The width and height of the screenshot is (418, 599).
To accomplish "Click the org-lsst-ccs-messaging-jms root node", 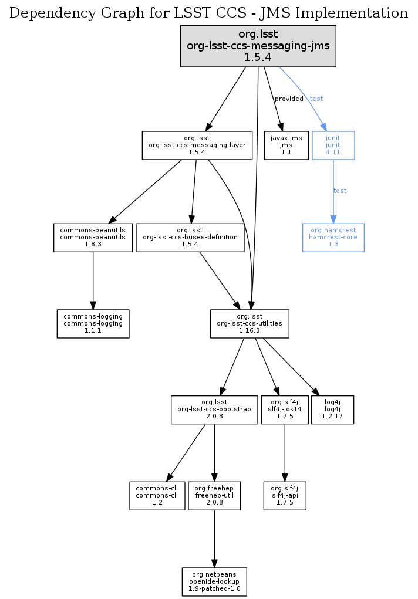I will coord(258,45).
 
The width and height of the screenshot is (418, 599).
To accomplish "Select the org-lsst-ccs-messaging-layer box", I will coord(197,145).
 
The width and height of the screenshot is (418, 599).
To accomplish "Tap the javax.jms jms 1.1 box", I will coord(286,145).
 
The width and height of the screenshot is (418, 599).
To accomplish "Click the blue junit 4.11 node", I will coord(333,145).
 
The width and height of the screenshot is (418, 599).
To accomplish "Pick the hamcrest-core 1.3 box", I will coord(333,237).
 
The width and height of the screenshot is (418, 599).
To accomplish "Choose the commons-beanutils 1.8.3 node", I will coord(93,237).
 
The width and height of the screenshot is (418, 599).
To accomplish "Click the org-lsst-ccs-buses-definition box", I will coord(190,237).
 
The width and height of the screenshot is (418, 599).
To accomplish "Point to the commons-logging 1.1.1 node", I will coord(93,323).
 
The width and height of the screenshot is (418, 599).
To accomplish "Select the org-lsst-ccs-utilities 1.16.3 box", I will coord(250,323).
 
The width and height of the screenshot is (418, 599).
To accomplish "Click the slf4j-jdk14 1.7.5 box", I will coord(285,410).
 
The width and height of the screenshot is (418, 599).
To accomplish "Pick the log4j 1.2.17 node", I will coord(333,410).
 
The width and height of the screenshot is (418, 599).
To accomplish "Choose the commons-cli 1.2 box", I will coord(157,495).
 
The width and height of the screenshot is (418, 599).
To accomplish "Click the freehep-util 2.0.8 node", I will coord(214,495).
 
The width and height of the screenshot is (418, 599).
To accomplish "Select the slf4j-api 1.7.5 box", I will coord(285,495).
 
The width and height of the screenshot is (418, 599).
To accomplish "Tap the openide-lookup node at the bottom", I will coord(214,581).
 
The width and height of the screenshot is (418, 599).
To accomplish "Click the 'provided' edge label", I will coord(289,99).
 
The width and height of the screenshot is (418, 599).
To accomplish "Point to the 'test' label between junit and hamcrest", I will coord(340,191).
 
